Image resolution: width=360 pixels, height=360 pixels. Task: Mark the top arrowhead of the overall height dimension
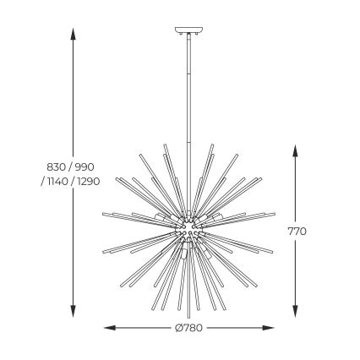point(74,34)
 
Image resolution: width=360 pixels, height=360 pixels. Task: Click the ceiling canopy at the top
point(188,33)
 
